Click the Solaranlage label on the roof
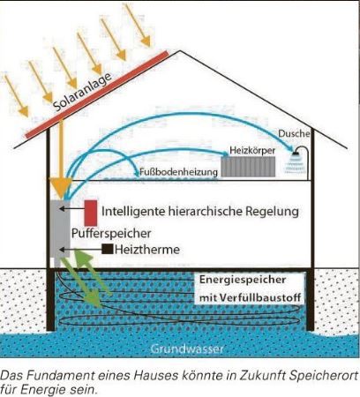pyautogui.click(x=83, y=92)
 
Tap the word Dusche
pyautogui.click(x=294, y=133)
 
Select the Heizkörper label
pyautogui.click(x=252, y=151)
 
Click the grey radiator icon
pyautogui.click(x=248, y=167)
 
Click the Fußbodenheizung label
pyautogui.click(x=178, y=172)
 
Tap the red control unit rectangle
pyautogui.click(x=91, y=213)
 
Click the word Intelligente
pyautogui.click(x=133, y=212)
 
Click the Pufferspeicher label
pyautogui.click(x=111, y=234)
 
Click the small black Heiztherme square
pyautogui.click(x=108, y=249)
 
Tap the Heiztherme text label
pyautogui.click(x=147, y=250)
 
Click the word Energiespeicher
pyautogui.click(x=243, y=280)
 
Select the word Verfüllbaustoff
pyautogui.click(x=260, y=297)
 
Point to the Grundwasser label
pyautogui.click(x=187, y=348)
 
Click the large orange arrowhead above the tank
pyautogui.click(x=61, y=187)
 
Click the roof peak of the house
pyautogui.click(x=180, y=51)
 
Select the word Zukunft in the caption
pyautogui.click(x=262, y=376)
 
